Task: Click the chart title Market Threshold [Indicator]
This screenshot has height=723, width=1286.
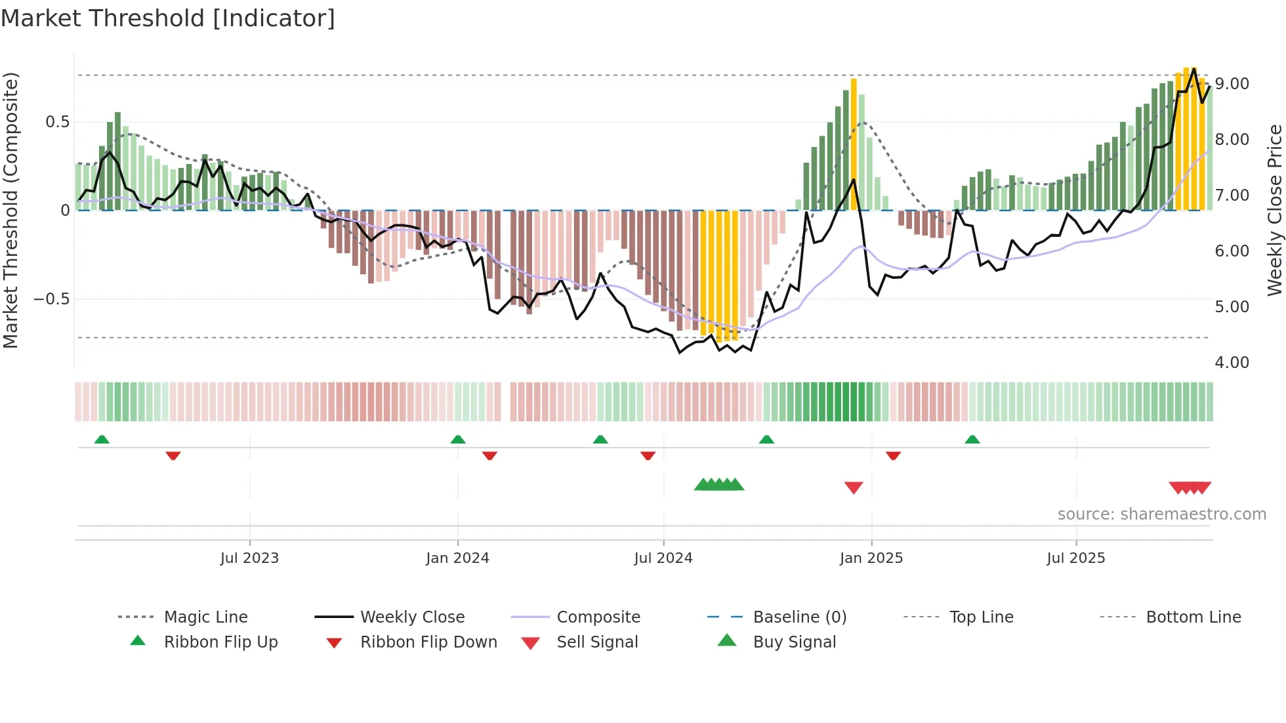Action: (x=168, y=18)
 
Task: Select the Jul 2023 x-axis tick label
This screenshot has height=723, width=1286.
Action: (x=249, y=558)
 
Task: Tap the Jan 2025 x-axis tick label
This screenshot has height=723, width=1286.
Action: (x=871, y=558)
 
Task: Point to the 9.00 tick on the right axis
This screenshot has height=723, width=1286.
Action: (x=1232, y=84)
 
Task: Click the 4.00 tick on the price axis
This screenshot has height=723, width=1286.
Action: (x=1232, y=363)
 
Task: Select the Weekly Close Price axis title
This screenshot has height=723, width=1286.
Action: (x=1274, y=210)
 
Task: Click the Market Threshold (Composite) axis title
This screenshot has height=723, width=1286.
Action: (x=10, y=210)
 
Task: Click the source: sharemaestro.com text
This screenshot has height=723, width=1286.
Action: (x=1161, y=514)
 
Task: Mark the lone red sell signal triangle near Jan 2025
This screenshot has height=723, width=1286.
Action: (x=854, y=487)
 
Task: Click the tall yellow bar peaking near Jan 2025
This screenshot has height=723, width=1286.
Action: (x=854, y=144)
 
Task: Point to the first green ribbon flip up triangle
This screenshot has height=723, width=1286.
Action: (x=102, y=440)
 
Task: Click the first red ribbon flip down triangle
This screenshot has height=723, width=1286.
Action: (x=173, y=455)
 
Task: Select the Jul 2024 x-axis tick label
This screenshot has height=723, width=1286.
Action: (x=663, y=558)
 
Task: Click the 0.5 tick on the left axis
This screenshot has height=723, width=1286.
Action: (x=57, y=122)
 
